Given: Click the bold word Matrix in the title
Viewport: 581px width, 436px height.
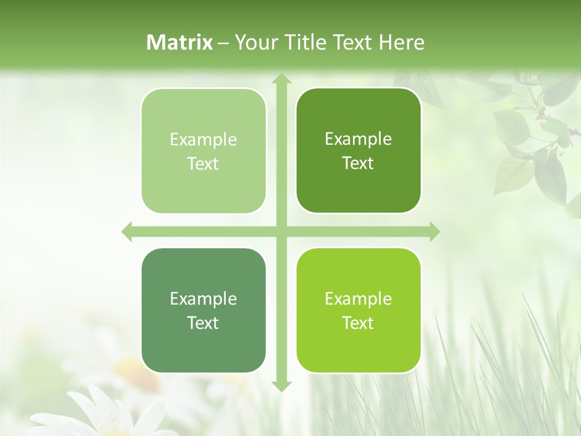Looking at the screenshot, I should click(180, 42).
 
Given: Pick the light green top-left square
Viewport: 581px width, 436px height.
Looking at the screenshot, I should click(203, 151).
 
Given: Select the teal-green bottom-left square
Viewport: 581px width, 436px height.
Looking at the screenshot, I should click(203, 310).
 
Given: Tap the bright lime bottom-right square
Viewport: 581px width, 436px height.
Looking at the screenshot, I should click(358, 310).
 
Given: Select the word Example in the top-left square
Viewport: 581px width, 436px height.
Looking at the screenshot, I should click(203, 140).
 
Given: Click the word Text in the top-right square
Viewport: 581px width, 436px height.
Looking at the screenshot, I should click(358, 163).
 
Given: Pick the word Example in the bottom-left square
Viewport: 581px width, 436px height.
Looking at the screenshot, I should click(203, 299).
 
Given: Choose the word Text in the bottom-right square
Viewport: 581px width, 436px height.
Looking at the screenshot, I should click(358, 323).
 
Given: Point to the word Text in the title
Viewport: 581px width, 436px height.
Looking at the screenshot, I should click(350, 42).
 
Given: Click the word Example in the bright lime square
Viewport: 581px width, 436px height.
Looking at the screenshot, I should click(358, 299).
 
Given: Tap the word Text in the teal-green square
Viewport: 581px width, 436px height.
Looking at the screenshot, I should click(203, 323).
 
